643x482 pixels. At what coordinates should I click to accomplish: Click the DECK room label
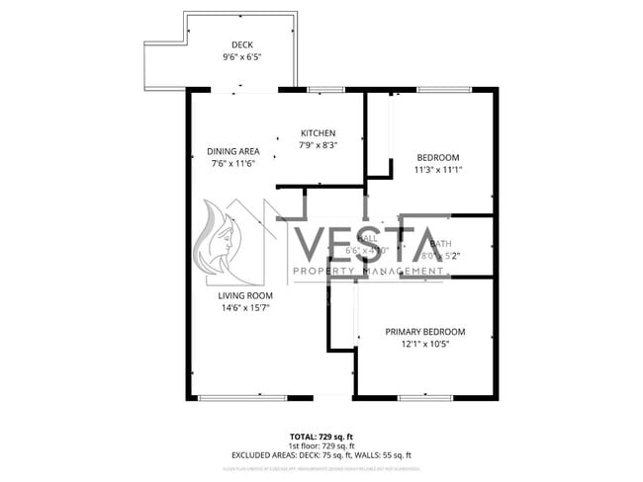(242, 45)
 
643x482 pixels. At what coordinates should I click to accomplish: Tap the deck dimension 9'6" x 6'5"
(242, 58)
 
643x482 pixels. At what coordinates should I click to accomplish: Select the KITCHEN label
(319, 133)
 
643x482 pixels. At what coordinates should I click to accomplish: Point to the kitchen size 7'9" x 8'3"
(319, 145)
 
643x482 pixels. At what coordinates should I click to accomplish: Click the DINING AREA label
(233, 151)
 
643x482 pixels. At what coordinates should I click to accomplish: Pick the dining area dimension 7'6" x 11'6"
(233, 163)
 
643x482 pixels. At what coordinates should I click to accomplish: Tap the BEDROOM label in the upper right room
(437, 158)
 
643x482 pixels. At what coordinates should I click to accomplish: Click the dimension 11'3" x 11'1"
(437, 170)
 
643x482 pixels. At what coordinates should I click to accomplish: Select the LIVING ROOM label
(245, 295)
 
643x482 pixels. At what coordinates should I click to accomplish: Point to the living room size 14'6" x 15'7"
(245, 308)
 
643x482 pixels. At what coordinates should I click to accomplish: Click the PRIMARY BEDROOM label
(424, 332)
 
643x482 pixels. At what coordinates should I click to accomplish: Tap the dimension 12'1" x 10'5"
(424, 345)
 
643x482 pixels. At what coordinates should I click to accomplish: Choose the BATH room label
(440, 242)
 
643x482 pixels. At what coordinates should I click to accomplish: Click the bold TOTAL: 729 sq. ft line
(321, 436)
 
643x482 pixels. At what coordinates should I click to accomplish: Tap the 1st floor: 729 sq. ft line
(321, 445)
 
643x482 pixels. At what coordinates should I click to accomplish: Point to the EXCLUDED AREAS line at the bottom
(321, 455)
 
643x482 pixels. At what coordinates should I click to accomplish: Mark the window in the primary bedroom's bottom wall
(425, 397)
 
